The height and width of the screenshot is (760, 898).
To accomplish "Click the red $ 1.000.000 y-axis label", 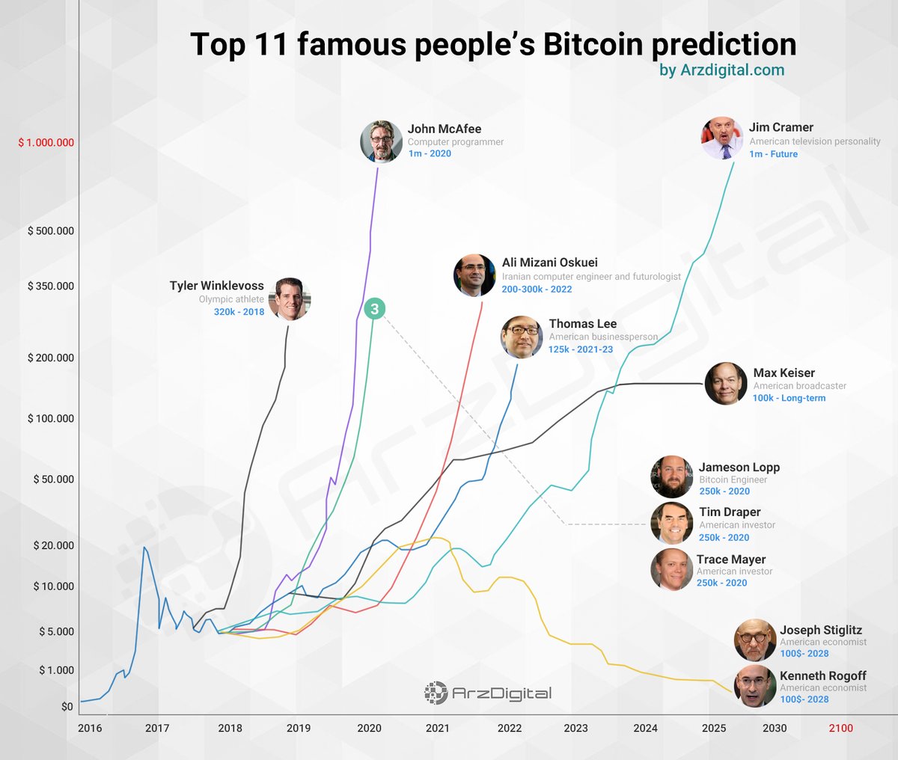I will (x=46, y=142).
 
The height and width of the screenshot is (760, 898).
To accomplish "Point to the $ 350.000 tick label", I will (x=51, y=286).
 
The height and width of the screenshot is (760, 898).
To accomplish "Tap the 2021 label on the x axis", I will (x=438, y=728).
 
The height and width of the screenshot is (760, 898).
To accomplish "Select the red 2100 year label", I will (x=840, y=728).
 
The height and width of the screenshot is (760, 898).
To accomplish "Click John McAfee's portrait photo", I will (x=381, y=141).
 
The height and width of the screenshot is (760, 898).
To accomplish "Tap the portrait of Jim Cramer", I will (x=722, y=138).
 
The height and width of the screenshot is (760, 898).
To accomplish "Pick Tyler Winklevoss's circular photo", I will (x=289, y=299).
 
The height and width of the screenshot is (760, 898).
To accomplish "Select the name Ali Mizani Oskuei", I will (x=549, y=263).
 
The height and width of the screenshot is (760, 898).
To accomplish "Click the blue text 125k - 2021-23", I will (x=580, y=349).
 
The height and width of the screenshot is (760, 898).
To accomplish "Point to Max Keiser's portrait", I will (x=726, y=384).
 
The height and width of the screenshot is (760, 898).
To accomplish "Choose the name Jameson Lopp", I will (x=739, y=468).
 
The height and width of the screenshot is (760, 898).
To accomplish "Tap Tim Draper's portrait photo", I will (x=671, y=523).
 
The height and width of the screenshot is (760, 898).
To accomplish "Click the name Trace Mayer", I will (x=730, y=560).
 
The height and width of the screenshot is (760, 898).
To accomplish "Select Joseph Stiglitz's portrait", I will (x=755, y=640).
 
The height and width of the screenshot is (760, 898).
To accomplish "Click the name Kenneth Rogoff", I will (x=822, y=675).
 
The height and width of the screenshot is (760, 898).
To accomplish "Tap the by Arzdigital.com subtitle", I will (x=721, y=70).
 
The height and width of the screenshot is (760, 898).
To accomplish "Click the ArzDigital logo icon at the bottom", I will (x=436, y=693).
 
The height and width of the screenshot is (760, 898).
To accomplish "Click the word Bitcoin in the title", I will (x=593, y=45).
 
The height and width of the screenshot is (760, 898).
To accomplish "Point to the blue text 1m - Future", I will (x=773, y=154).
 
